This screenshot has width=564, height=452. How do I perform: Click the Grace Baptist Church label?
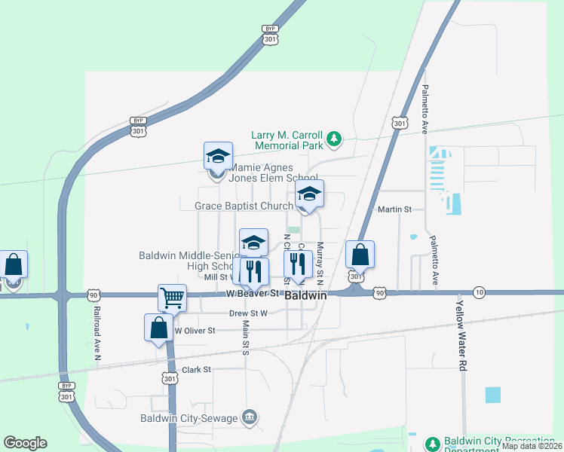tap(244, 206)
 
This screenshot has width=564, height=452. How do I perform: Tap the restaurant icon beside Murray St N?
tap(298, 264)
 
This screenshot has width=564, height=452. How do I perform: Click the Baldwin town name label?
tap(307, 296)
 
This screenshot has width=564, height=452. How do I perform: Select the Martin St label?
tap(394, 209)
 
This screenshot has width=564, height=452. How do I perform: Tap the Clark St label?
tap(197, 370)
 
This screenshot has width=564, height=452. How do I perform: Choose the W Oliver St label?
tap(195, 330)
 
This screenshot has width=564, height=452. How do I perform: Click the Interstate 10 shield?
tap(479, 292)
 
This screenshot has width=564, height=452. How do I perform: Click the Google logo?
tap(25, 443)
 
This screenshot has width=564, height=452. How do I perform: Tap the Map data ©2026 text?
tap(532, 446)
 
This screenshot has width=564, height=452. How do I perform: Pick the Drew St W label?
tap(249, 313)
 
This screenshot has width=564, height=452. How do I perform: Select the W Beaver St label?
tap(253, 292)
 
